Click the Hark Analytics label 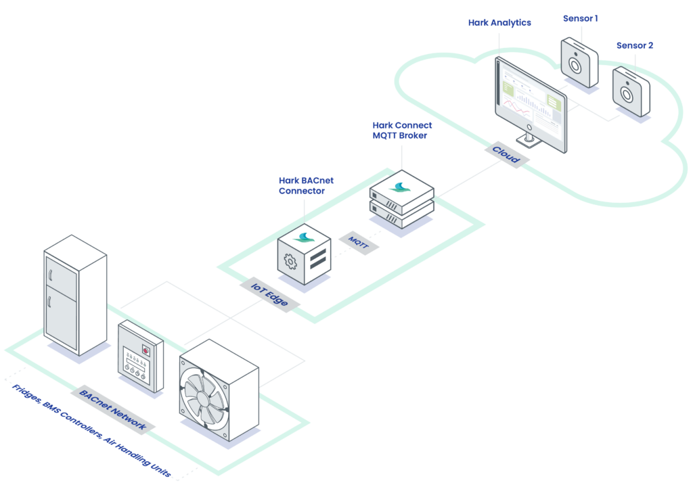coord(499,22)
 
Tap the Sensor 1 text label coord(580,18)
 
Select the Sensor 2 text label coord(635,45)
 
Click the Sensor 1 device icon coord(579,63)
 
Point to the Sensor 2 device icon coord(631,91)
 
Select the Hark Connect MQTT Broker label coord(402,131)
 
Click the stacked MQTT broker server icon coord(402,199)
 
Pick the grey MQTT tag coord(359,243)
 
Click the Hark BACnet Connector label coord(306,185)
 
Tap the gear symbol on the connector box coord(290,262)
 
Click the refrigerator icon coord(75,295)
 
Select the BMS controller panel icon coord(141,356)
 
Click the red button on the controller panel coord(146,350)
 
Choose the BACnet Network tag coord(113,410)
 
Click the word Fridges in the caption coord(26,393)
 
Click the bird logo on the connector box coord(304,238)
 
